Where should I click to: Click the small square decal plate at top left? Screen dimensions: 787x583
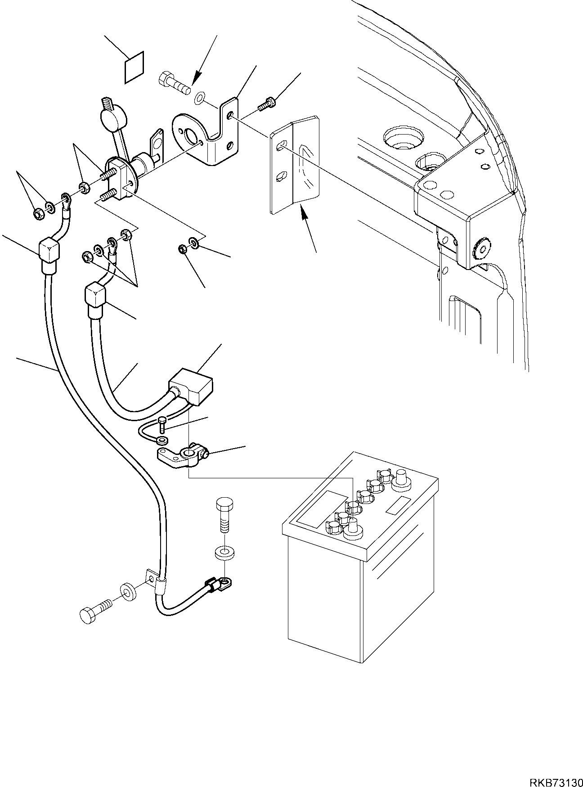[133, 67]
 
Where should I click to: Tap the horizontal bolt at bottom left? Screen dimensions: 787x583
[95, 614]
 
